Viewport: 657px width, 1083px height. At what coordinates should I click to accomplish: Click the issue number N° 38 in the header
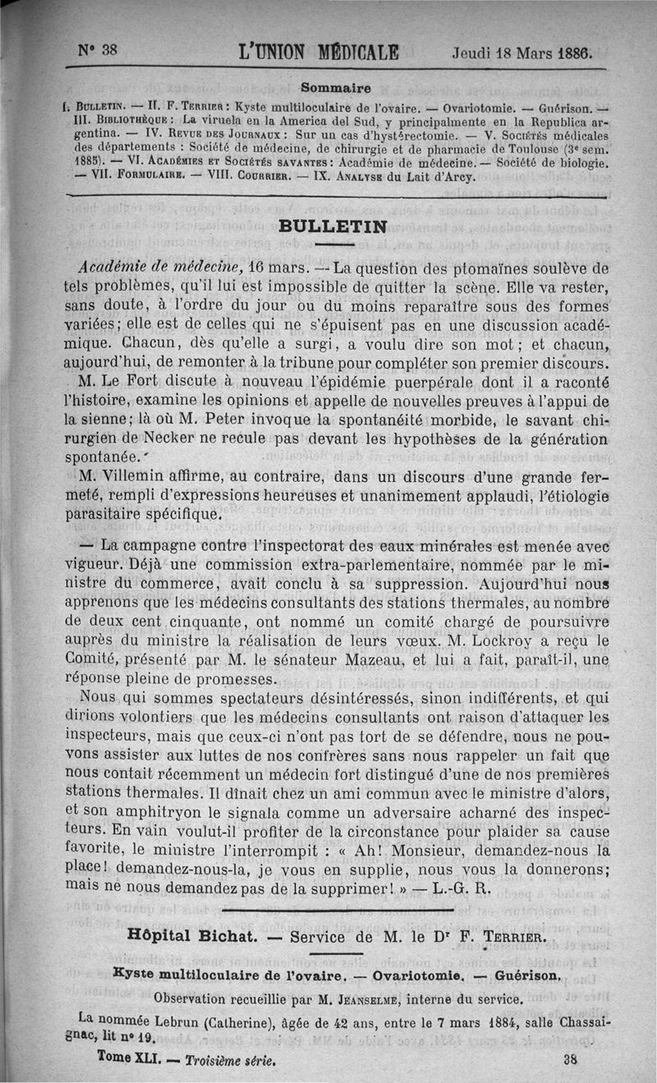[x=99, y=49]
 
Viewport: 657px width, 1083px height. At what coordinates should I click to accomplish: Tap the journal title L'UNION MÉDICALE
[x=318, y=52]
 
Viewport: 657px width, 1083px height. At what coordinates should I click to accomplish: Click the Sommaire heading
[x=335, y=86]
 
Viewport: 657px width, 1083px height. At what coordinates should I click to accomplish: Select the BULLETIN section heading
[x=333, y=227]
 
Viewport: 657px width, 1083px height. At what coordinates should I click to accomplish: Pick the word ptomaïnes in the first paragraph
[x=475, y=268]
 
